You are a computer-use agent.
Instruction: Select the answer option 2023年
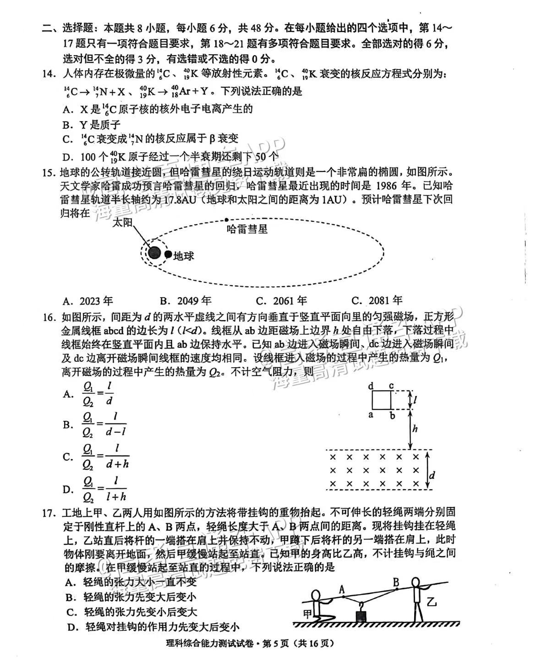pos(96,301)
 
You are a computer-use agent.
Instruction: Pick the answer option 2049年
pos(194,301)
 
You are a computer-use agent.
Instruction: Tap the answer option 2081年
pos(385,301)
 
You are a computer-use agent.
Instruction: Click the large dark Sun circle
pos(155,252)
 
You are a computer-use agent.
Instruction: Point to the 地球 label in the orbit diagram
pos(183,255)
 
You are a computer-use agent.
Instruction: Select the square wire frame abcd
pos(382,399)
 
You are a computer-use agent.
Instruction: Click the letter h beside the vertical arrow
pos(415,428)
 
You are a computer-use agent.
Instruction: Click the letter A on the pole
pos(341,588)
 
